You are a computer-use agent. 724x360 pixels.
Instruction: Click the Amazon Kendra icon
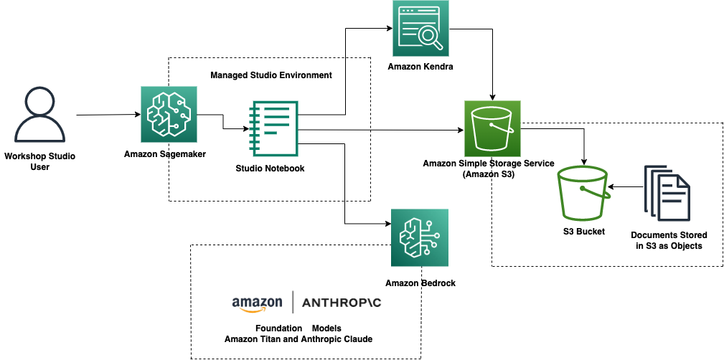(x=420, y=29)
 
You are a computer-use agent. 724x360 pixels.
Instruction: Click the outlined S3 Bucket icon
(x=582, y=194)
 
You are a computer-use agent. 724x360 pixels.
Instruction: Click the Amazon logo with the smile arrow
(x=257, y=303)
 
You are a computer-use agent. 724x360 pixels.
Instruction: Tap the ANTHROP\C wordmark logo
(x=342, y=303)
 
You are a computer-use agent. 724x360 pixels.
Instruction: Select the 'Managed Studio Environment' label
(x=271, y=75)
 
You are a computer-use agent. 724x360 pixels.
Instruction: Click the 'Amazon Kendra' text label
(x=420, y=67)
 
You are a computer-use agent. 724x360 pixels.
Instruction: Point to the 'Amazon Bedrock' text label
(x=420, y=283)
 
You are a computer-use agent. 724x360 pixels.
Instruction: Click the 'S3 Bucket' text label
(x=583, y=232)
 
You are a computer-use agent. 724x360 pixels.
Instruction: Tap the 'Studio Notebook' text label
(x=270, y=169)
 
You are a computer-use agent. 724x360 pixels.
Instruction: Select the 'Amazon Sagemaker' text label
(x=166, y=153)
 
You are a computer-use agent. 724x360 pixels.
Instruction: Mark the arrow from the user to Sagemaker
(x=108, y=115)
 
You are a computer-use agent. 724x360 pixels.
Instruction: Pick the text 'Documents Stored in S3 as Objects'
(x=669, y=240)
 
